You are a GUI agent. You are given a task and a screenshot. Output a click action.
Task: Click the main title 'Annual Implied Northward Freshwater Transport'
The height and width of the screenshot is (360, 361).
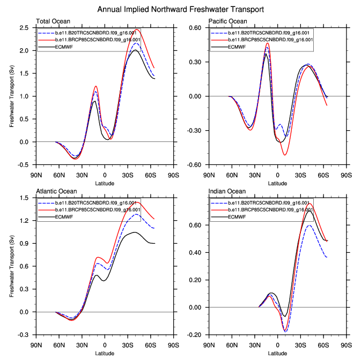click(181, 10)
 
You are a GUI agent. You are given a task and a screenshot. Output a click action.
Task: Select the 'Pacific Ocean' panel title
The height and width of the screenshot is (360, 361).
click(229, 21)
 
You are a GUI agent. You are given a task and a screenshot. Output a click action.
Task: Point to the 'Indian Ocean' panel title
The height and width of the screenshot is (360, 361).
click(227, 191)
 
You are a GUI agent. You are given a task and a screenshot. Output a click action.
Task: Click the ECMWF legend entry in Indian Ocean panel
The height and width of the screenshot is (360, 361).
click(237, 217)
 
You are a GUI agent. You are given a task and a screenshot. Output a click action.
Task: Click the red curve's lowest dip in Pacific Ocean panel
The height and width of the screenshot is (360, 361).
click(285, 155)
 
